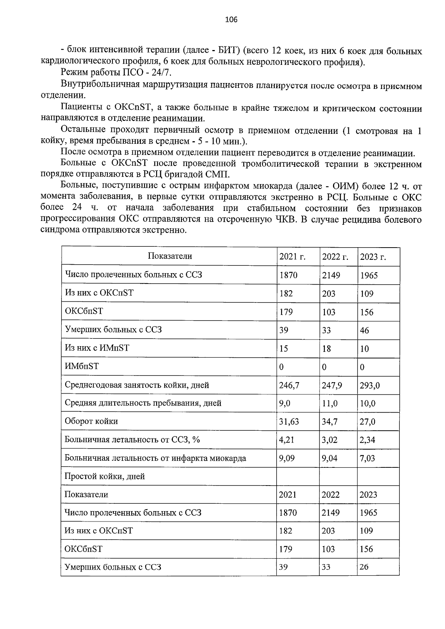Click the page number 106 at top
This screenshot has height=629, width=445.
point(231,20)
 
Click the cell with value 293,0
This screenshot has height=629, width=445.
point(370,385)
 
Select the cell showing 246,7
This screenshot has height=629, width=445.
point(289,385)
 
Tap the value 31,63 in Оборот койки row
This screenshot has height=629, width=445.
point(289,422)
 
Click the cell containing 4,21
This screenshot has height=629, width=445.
point(286,440)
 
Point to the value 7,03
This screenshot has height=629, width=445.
point(367,458)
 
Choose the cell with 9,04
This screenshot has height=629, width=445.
point(330,458)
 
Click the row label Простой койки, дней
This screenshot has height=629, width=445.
point(105,476)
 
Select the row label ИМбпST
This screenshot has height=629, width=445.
point(82,366)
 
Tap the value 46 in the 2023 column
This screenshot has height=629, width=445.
point(364,330)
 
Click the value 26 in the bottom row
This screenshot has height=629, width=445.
point(364,567)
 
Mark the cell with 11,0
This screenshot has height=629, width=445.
point(330,404)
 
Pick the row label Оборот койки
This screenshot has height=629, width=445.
point(91,421)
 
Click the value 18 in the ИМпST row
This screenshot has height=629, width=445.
point(326,349)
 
